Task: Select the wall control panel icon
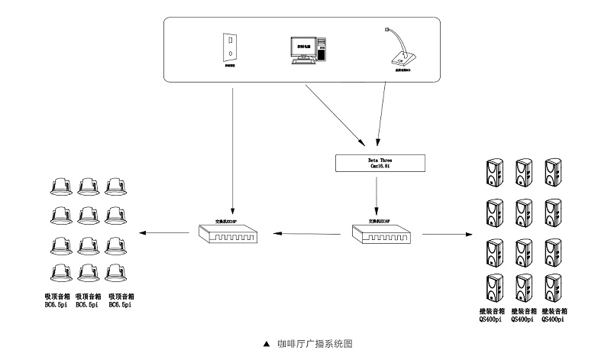click(x=229, y=47)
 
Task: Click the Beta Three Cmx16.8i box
click(x=379, y=162)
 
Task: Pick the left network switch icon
click(x=228, y=232)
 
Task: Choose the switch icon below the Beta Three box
click(x=380, y=232)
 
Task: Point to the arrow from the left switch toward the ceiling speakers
click(x=167, y=232)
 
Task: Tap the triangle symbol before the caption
click(x=267, y=345)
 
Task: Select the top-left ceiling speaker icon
click(x=60, y=186)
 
